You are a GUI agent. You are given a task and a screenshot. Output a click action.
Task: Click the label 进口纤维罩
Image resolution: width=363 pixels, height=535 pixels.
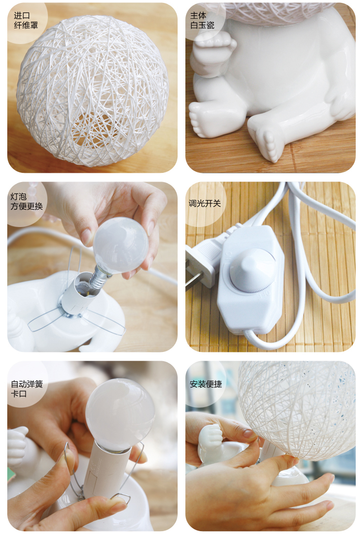(26, 20)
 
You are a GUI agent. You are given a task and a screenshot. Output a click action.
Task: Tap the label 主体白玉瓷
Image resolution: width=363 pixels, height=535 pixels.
(202, 20)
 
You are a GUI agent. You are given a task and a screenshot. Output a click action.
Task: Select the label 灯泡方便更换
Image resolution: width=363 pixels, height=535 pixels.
(27, 201)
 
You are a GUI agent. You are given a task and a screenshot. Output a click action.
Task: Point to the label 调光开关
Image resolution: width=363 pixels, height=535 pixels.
(205, 203)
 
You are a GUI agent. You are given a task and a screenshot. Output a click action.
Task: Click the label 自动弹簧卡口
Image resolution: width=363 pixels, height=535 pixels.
(27, 389)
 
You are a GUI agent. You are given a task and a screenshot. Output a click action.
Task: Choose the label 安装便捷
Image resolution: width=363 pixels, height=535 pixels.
(206, 384)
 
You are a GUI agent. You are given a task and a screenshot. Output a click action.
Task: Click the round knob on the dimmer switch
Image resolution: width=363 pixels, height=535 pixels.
(253, 270)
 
